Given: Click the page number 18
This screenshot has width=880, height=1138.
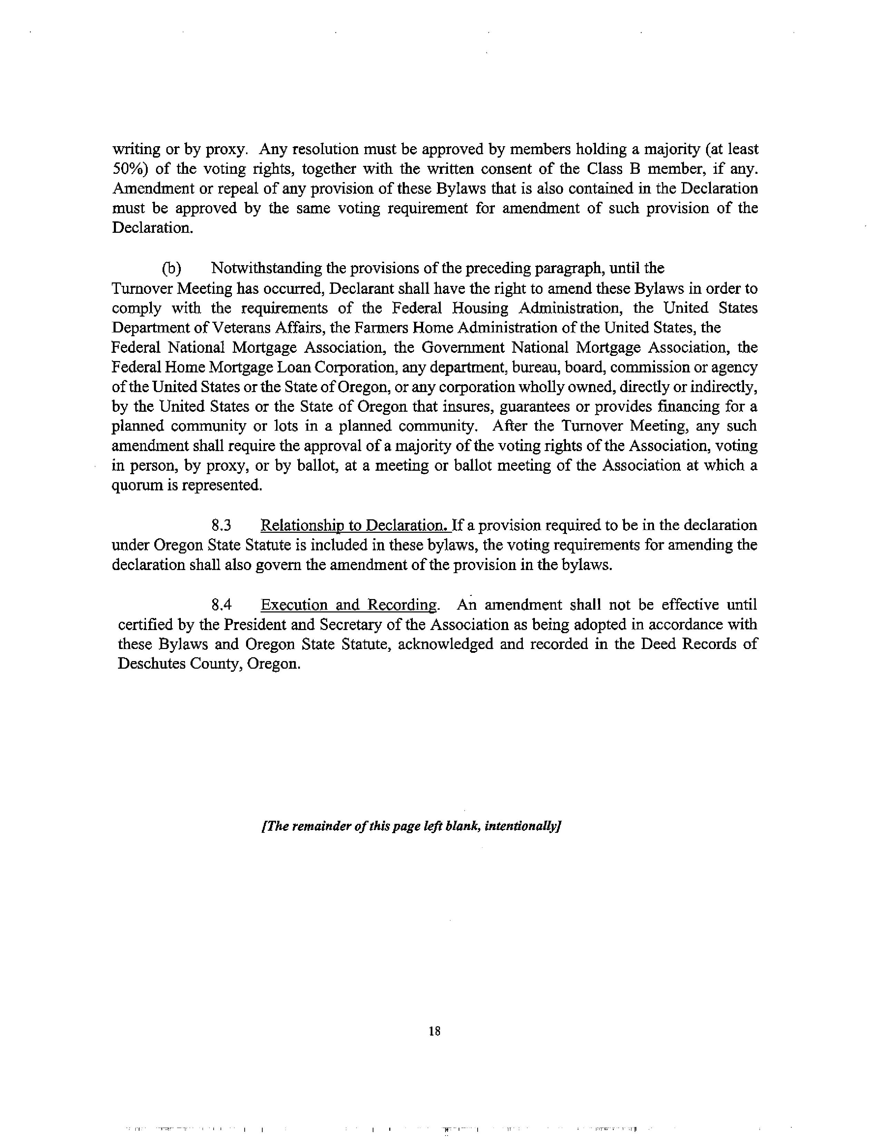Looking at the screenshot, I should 434,1031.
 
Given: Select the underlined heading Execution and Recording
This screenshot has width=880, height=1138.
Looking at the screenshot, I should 349,605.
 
